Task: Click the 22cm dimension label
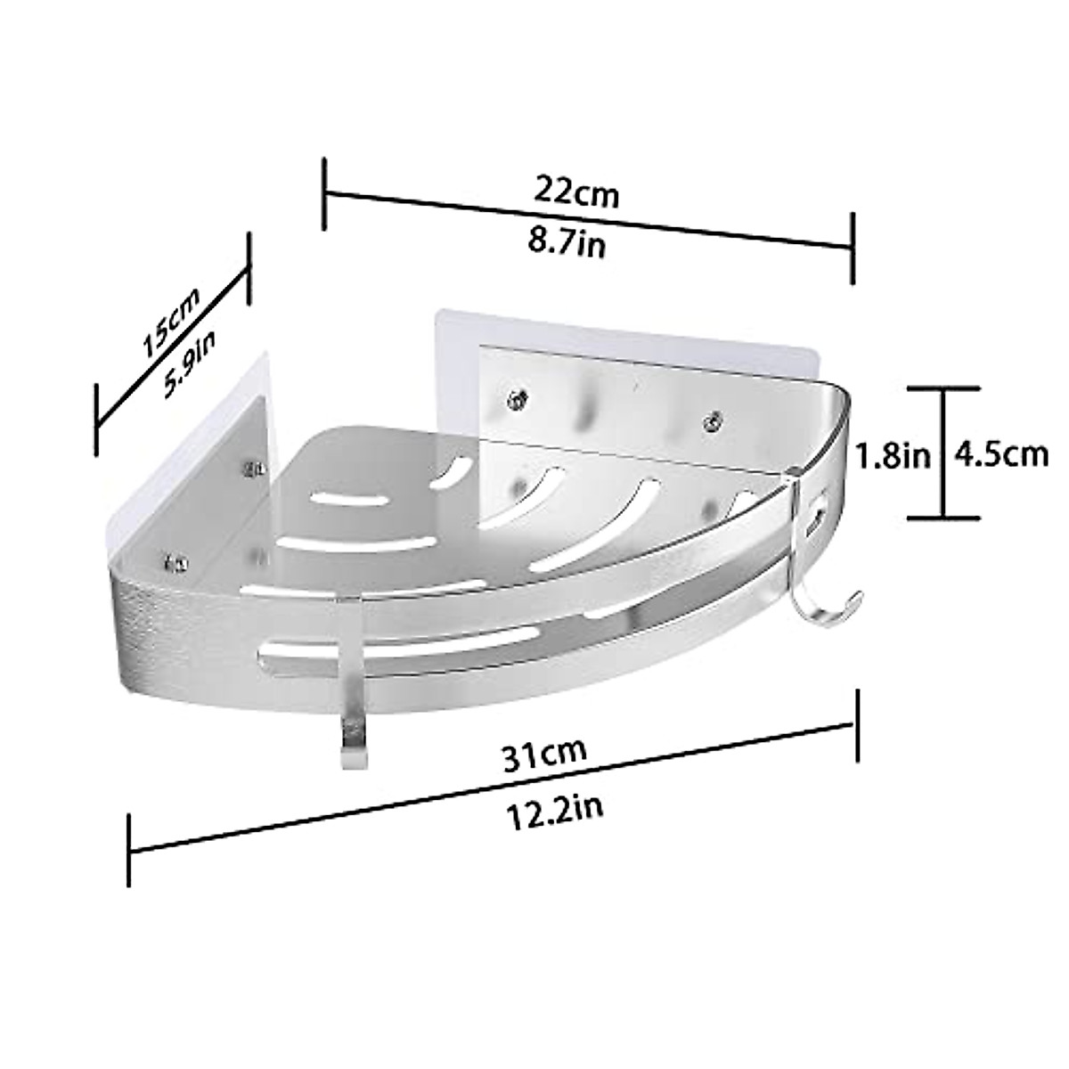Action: [x=576, y=191]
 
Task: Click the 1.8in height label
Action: [x=893, y=456]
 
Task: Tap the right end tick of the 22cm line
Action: [x=853, y=248]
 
